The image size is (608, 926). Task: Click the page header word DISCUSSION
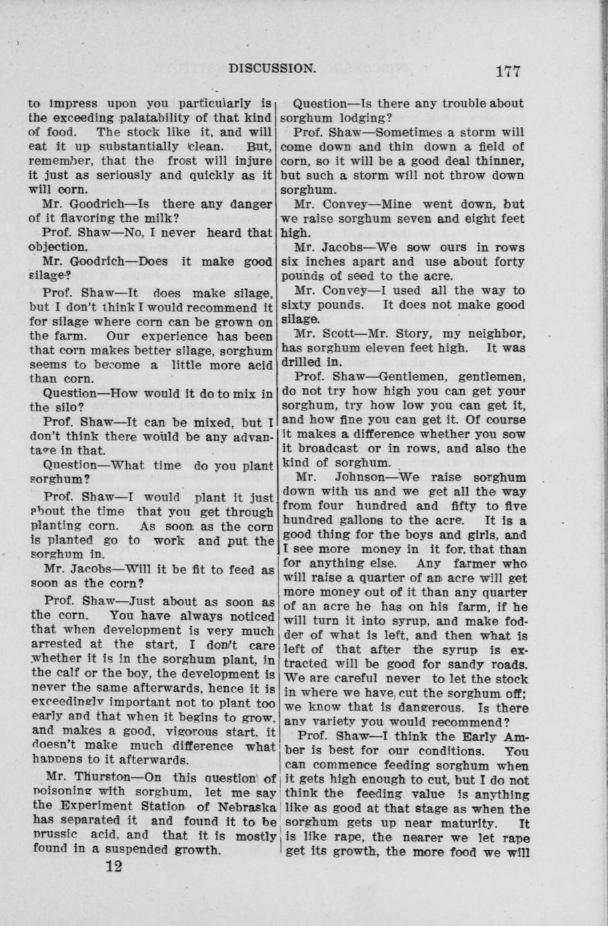point(272,68)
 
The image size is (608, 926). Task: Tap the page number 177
point(507,71)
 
